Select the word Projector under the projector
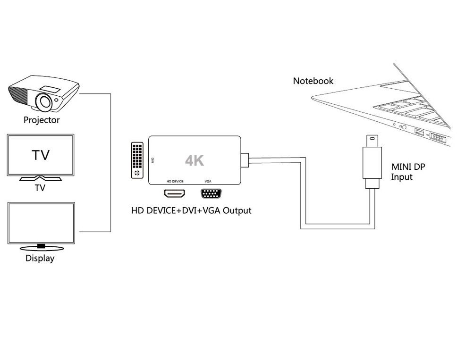(x=42, y=120)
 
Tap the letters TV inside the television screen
(x=41, y=155)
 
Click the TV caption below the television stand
(x=40, y=188)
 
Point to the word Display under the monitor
(x=40, y=258)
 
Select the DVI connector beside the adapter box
(x=137, y=159)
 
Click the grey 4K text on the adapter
(x=195, y=160)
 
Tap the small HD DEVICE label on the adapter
(x=175, y=181)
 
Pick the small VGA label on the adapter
(x=208, y=181)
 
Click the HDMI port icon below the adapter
(x=174, y=193)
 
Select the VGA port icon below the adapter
(x=211, y=194)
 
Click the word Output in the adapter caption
(x=237, y=210)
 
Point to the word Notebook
(x=313, y=81)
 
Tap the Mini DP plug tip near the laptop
(x=372, y=140)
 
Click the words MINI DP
(x=408, y=167)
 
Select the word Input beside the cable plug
(x=402, y=177)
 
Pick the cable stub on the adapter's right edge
(x=245, y=160)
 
